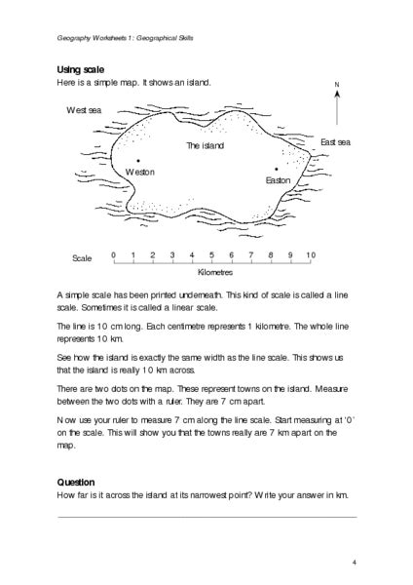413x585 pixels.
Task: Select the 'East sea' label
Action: (x=337, y=142)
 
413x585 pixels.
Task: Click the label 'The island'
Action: (x=205, y=145)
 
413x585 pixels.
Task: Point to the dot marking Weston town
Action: (x=139, y=161)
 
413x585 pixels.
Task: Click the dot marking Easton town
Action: (x=278, y=169)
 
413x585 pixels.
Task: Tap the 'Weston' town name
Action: (x=140, y=172)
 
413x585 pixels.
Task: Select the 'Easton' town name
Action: (x=278, y=180)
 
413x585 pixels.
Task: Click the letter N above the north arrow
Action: (x=335, y=86)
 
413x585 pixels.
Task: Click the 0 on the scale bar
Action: (x=113, y=254)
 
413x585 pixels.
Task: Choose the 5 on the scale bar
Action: (x=211, y=254)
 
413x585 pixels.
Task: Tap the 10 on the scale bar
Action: (x=310, y=254)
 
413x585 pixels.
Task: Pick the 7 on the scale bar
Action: (x=251, y=254)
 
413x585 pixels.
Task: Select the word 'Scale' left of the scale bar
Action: (x=82, y=259)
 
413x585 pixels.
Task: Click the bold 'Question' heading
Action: (x=76, y=482)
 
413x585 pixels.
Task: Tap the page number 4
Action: (x=355, y=563)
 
